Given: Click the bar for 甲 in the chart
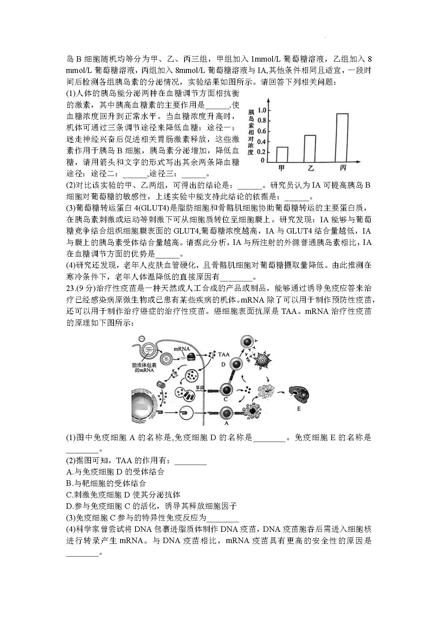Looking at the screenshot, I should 282,154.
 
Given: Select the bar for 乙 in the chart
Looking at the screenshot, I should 310,149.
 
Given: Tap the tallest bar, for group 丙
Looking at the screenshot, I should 342,138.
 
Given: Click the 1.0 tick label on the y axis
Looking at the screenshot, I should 262,110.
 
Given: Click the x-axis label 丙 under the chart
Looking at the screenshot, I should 343,168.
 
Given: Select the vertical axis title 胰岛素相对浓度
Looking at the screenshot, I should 251,132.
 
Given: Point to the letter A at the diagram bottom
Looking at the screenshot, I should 226,423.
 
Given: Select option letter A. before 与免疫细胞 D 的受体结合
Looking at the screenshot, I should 70,472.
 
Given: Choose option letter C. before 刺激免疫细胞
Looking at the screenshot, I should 70,495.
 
